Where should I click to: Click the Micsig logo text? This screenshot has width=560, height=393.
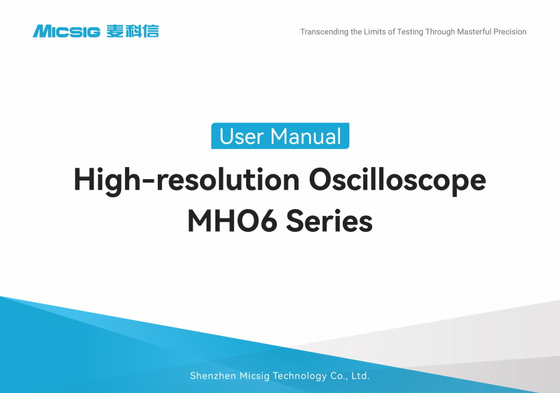(66, 31)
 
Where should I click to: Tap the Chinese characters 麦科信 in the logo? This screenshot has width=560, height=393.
(132, 31)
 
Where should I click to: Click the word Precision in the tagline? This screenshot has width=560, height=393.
(510, 31)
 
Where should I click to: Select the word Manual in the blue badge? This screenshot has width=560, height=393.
(305, 136)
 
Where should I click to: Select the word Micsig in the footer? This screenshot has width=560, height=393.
(255, 376)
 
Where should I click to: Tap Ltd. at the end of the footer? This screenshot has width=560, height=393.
(361, 376)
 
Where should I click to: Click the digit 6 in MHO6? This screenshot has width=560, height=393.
(268, 221)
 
